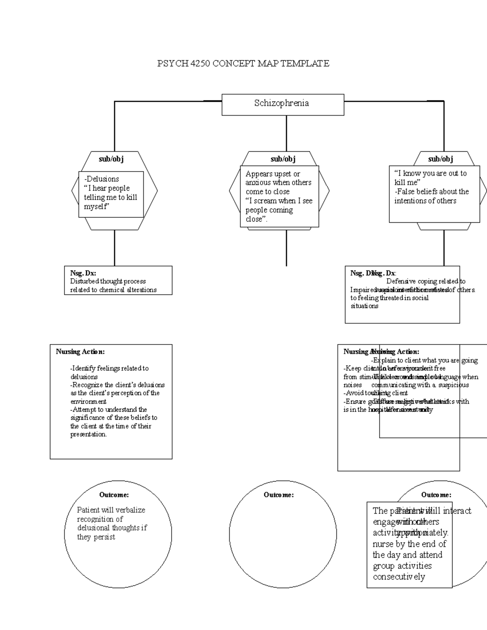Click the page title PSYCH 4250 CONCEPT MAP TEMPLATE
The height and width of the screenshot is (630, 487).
pyautogui.click(x=243, y=63)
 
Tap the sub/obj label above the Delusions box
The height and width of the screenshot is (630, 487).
pyautogui.click(x=111, y=159)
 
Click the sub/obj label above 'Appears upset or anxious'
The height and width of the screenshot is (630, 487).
pyautogui.click(x=283, y=159)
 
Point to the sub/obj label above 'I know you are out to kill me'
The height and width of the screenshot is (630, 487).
pyautogui.click(x=440, y=159)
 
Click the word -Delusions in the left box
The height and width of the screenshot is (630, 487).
pyautogui.click(x=101, y=179)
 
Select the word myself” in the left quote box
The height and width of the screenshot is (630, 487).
pyautogui.click(x=97, y=206)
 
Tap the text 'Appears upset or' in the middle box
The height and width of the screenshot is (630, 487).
pyautogui.click(x=272, y=174)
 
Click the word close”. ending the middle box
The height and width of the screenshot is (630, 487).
pyautogui.click(x=256, y=219)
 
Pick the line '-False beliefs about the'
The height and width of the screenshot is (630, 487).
pyautogui.click(x=431, y=191)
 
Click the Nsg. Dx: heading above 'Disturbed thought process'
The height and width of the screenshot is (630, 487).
pyautogui.click(x=83, y=273)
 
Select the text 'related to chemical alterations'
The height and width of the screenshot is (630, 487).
pyautogui.click(x=113, y=290)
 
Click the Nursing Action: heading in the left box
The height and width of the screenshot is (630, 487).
pyautogui.click(x=80, y=352)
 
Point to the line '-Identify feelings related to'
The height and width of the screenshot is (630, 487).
pyautogui.click(x=109, y=368)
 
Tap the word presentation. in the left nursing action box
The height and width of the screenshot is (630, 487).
pyautogui.click(x=88, y=434)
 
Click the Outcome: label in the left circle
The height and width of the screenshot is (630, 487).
pyautogui.click(x=114, y=495)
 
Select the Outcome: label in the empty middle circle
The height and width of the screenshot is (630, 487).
pyautogui.click(x=278, y=495)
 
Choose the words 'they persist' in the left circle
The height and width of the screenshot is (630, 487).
pyautogui.click(x=96, y=537)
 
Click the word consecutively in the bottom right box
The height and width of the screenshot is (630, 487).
pyautogui.click(x=399, y=577)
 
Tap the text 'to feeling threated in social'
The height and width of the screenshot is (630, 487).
pyautogui.click(x=390, y=298)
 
